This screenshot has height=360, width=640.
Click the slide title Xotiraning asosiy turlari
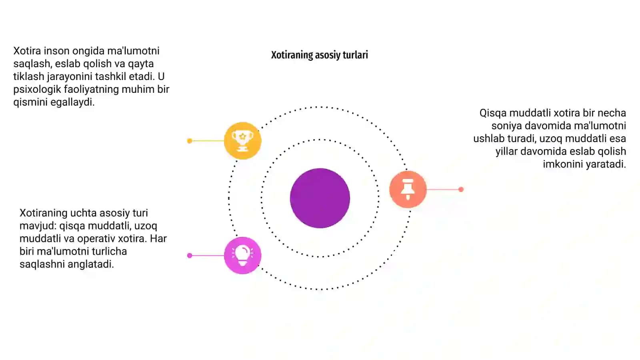click(x=320, y=55)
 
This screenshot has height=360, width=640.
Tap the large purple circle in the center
click(x=320, y=198)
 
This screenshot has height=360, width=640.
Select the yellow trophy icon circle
click(x=242, y=140)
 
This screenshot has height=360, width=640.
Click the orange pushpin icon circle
click(x=408, y=189)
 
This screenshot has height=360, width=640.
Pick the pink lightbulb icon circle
click(x=242, y=256)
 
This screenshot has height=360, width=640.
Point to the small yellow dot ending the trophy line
click(x=190, y=140)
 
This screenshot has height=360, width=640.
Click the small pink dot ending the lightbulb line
click(x=190, y=256)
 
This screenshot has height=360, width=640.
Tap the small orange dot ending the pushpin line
click(x=461, y=189)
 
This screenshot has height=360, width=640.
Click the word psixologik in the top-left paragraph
click(x=37, y=90)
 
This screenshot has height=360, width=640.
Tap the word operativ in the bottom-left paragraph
click(x=96, y=238)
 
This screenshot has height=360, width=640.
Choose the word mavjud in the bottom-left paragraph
click(x=38, y=226)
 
